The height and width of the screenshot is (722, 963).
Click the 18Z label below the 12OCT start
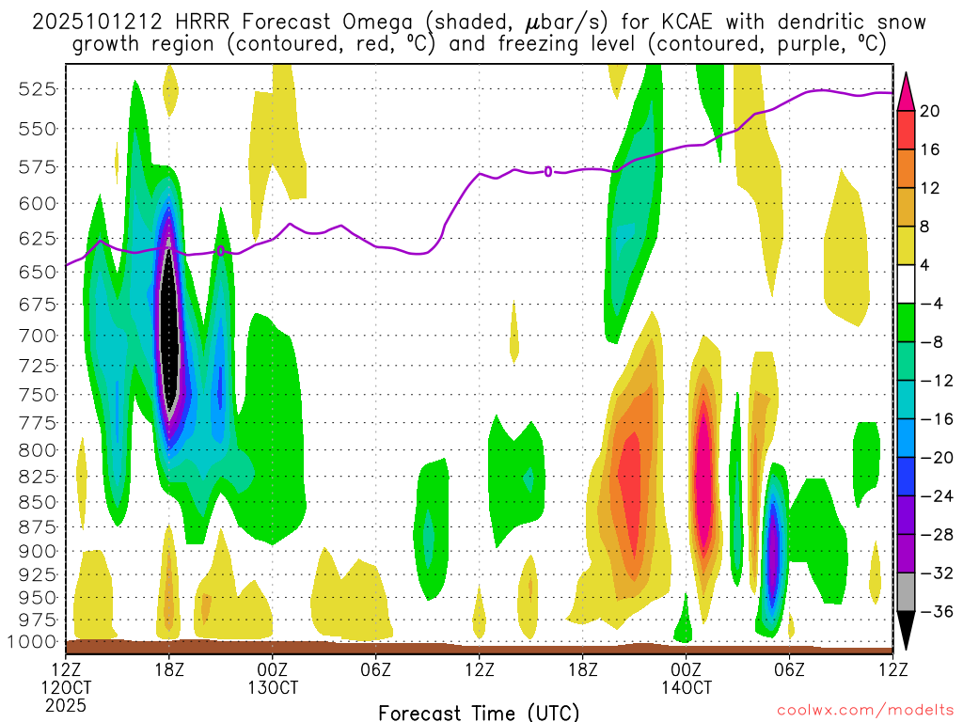169,669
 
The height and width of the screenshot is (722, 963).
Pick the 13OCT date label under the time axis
273,687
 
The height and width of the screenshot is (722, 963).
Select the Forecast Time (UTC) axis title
479,712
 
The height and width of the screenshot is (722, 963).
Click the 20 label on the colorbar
930,111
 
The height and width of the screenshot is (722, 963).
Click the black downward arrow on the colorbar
906,629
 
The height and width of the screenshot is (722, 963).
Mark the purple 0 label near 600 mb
548,171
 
